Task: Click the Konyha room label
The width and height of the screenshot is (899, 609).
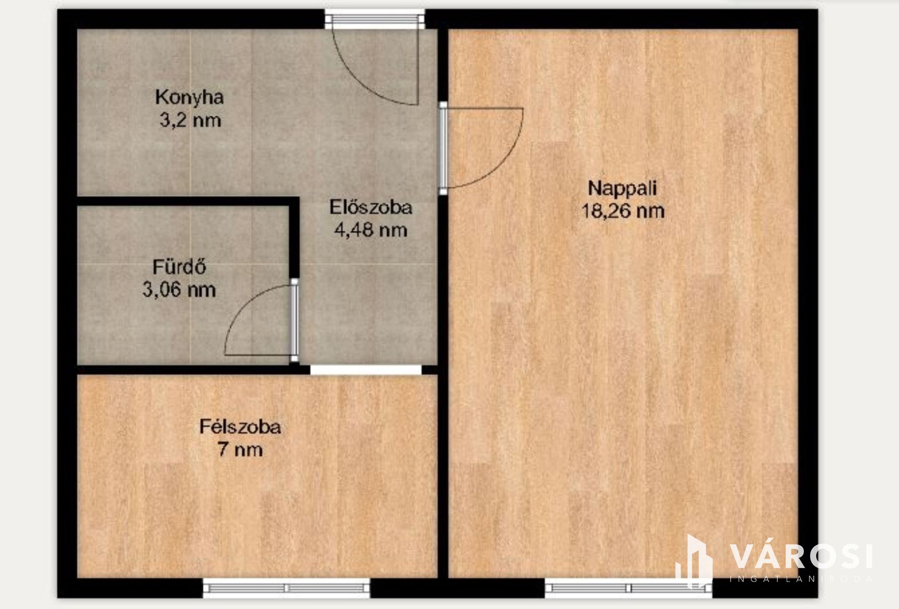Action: (189, 98)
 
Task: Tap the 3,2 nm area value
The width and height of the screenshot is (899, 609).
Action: (190, 120)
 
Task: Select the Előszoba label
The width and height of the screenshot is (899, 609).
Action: (371, 208)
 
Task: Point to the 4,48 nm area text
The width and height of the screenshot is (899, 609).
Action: (371, 230)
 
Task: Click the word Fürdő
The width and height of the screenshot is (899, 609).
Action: (179, 267)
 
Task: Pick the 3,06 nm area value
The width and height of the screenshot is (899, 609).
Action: (179, 290)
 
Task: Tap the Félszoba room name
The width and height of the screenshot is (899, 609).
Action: (240, 427)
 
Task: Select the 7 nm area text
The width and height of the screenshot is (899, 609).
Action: (240, 450)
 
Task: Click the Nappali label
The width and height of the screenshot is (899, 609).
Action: (622, 188)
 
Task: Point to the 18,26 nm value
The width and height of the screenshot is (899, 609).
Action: (623, 211)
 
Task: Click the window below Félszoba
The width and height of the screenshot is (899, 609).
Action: (286, 588)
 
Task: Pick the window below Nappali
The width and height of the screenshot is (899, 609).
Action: (629, 588)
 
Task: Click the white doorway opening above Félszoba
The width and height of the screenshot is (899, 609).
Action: (366, 370)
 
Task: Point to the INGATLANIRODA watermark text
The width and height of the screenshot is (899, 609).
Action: (801, 579)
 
